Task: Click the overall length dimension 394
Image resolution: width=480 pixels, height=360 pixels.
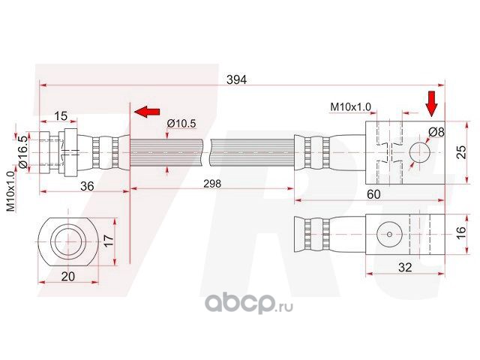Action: (x=236, y=79)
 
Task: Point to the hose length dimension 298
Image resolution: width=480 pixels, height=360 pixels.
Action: (x=212, y=183)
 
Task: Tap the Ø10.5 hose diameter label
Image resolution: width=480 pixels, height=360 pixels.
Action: (x=181, y=123)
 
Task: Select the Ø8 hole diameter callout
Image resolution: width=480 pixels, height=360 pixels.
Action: (x=436, y=132)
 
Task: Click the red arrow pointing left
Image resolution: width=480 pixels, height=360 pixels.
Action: (x=147, y=112)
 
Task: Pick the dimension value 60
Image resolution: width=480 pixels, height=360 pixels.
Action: (x=373, y=194)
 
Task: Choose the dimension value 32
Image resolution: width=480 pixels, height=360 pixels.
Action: (x=405, y=267)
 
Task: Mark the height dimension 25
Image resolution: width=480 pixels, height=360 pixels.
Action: (x=461, y=152)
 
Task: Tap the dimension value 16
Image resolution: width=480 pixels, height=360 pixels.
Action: (x=461, y=232)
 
